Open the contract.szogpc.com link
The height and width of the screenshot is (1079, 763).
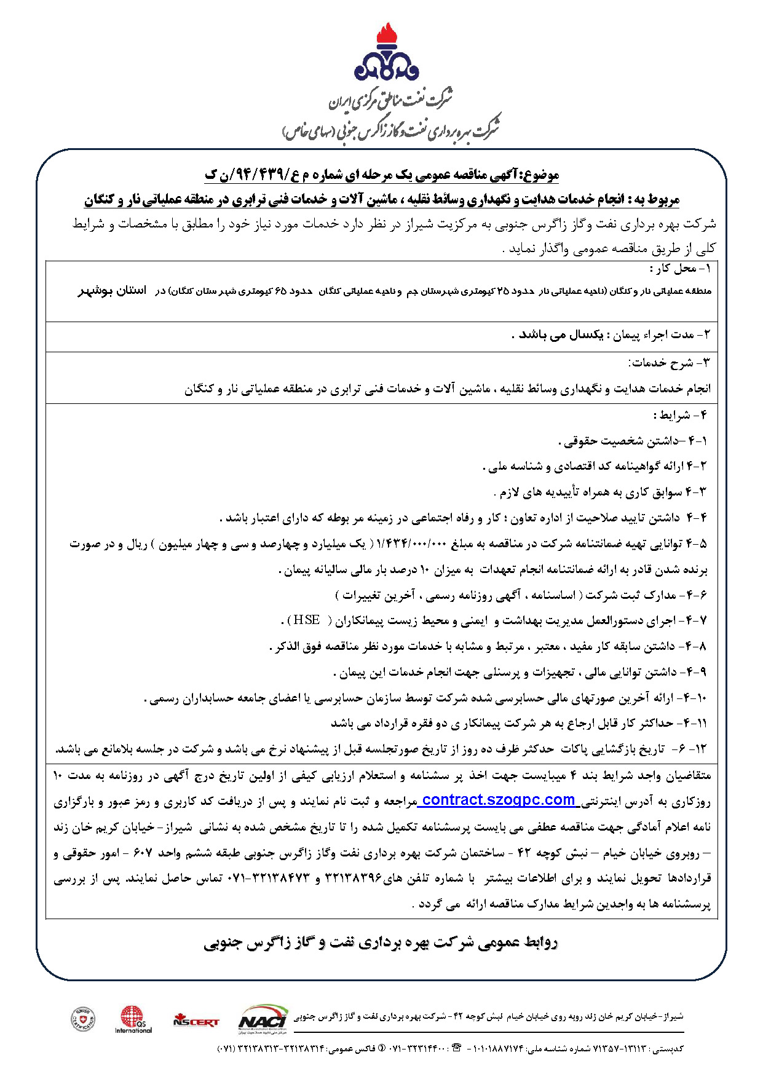click(499, 800)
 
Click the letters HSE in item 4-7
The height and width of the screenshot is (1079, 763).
click(307, 620)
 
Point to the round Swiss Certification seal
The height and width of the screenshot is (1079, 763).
click(83, 1019)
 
